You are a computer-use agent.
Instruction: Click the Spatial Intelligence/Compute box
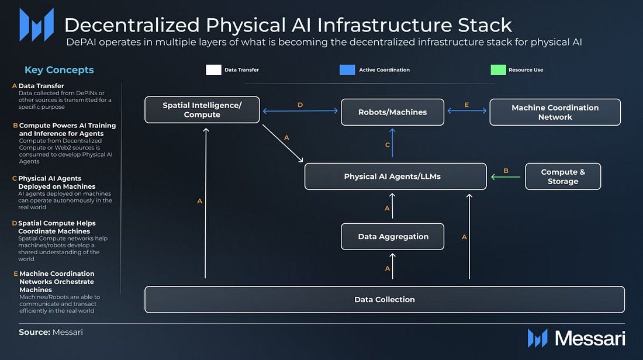pos(202,110)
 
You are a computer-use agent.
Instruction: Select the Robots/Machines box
pos(392,112)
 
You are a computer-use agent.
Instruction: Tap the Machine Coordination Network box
pos(555,112)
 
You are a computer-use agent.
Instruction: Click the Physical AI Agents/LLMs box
pos(395,176)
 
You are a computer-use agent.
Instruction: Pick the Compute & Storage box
pos(562,176)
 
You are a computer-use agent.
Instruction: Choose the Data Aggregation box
pos(393,237)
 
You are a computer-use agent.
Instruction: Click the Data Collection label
pos(385,299)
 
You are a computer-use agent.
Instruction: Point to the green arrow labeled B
pos(506,176)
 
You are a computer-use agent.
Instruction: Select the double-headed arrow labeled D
pos(300,111)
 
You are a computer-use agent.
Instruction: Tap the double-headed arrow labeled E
pos(466,111)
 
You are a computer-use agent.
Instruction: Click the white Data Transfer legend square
pos(213,70)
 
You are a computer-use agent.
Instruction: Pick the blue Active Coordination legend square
pos(347,70)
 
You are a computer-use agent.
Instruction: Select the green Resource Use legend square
pos(498,70)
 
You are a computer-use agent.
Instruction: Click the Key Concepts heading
pos(59,70)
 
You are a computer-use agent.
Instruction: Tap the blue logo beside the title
pos(36,25)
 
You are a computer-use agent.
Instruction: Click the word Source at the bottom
pos(34,332)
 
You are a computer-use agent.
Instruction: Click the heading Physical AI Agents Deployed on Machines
pos(50,182)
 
